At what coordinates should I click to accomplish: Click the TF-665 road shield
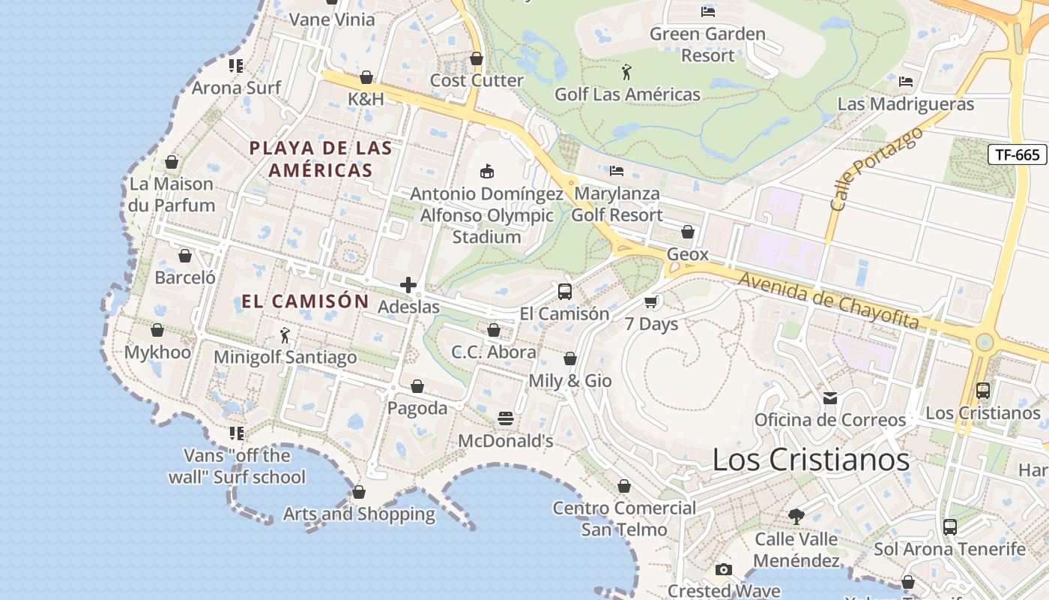[x=1017, y=154]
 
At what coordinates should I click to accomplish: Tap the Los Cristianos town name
[x=811, y=459]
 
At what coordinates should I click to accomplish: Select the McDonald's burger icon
[x=506, y=418]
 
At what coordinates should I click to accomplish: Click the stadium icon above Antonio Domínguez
[x=487, y=171]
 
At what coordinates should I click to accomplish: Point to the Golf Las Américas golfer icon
[x=627, y=72]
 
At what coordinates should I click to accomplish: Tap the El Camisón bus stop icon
[x=565, y=292]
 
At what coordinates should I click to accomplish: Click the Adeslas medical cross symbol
[x=408, y=285]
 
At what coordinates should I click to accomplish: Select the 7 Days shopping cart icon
[x=651, y=301]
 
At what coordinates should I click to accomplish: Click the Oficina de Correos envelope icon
[x=830, y=397]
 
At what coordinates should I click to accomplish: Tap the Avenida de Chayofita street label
[x=829, y=301]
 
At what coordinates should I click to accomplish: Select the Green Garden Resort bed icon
[x=707, y=11]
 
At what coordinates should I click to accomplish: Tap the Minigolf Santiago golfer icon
[x=285, y=334]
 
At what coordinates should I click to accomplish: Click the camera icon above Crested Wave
[x=723, y=570]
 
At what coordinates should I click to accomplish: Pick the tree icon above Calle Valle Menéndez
[x=796, y=516]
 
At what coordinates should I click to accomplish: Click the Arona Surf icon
[x=236, y=66]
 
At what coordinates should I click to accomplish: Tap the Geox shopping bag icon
[x=687, y=232]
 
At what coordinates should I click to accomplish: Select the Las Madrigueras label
[x=905, y=104]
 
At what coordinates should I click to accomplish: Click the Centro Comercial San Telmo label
[x=624, y=518]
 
